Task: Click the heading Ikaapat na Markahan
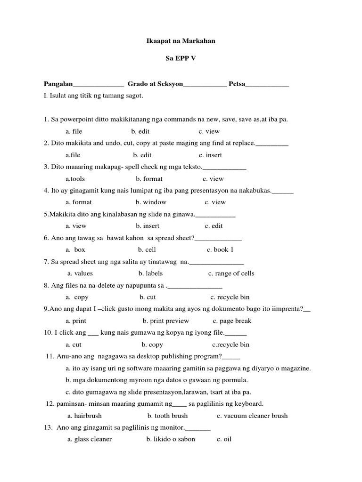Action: coord(181,41)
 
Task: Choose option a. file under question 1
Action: coord(74,131)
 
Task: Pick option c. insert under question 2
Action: coord(210,155)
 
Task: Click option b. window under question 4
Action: coord(151,202)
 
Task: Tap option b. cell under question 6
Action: coord(147,249)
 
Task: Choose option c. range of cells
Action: coord(231,273)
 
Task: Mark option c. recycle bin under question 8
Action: coord(230,297)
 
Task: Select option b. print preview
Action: coord(165,321)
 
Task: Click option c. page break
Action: coord(232,321)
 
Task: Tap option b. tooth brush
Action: coord(167,416)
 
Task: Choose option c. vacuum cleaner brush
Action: coord(252,416)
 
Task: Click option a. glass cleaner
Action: coord(90,439)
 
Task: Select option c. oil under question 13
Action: coord(224,439)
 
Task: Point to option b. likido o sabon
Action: coord(170,439)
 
